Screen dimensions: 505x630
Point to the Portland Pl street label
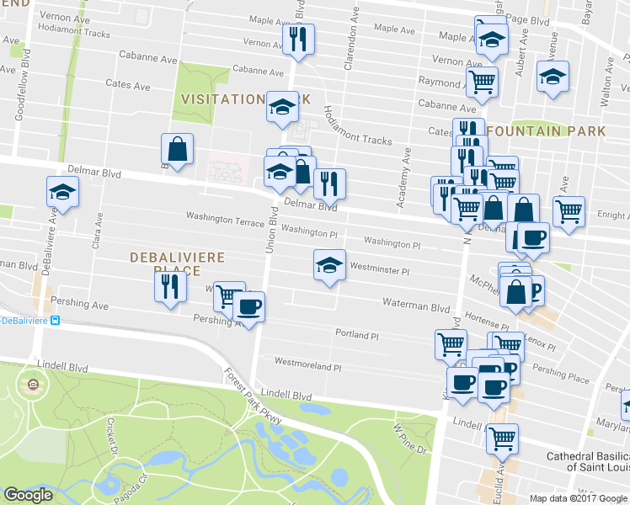click(x=357, y=335)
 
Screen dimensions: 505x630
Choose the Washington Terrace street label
click(x=225, y=217)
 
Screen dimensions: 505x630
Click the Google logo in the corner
click(x=28, y=495)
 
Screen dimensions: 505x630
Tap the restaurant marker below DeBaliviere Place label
click(x=169, y=287)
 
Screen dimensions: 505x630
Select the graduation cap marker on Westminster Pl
click(x=329, y=266)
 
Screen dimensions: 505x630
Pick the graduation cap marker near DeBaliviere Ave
click(x=62, y=193)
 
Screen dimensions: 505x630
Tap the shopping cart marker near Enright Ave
click(x=569, y=210)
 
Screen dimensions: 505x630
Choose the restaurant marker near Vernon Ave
click(x=298, y=39)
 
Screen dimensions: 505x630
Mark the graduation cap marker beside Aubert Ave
click(x=553, y=77)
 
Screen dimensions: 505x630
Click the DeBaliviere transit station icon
click(x=55, y=321)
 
